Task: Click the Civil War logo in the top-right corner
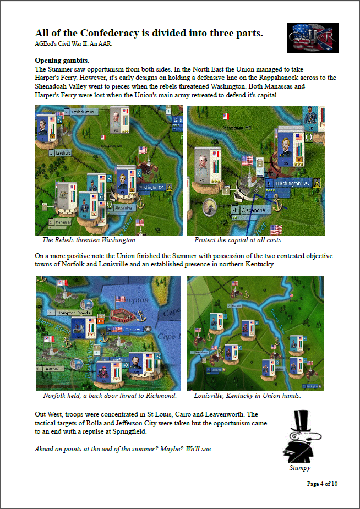(313, 37)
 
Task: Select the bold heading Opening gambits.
(62, 61)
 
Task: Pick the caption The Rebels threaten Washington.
(89, 240)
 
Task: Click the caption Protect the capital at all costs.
(238, 240)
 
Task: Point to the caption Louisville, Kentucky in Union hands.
(247, 396)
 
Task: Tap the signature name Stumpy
(299, 468)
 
